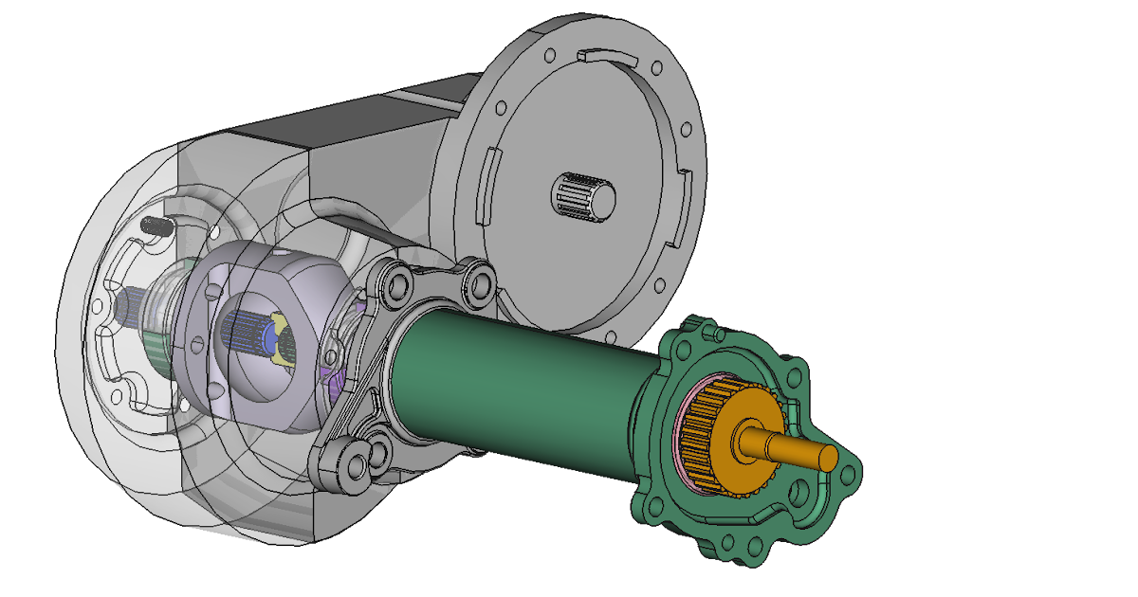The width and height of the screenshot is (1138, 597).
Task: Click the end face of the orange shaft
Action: point(827,457)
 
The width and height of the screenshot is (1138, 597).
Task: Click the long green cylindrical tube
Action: point(522,379)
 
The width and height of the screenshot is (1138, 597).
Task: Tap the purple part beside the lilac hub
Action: point(334,384)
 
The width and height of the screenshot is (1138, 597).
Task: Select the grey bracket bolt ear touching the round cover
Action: point(479,280)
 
